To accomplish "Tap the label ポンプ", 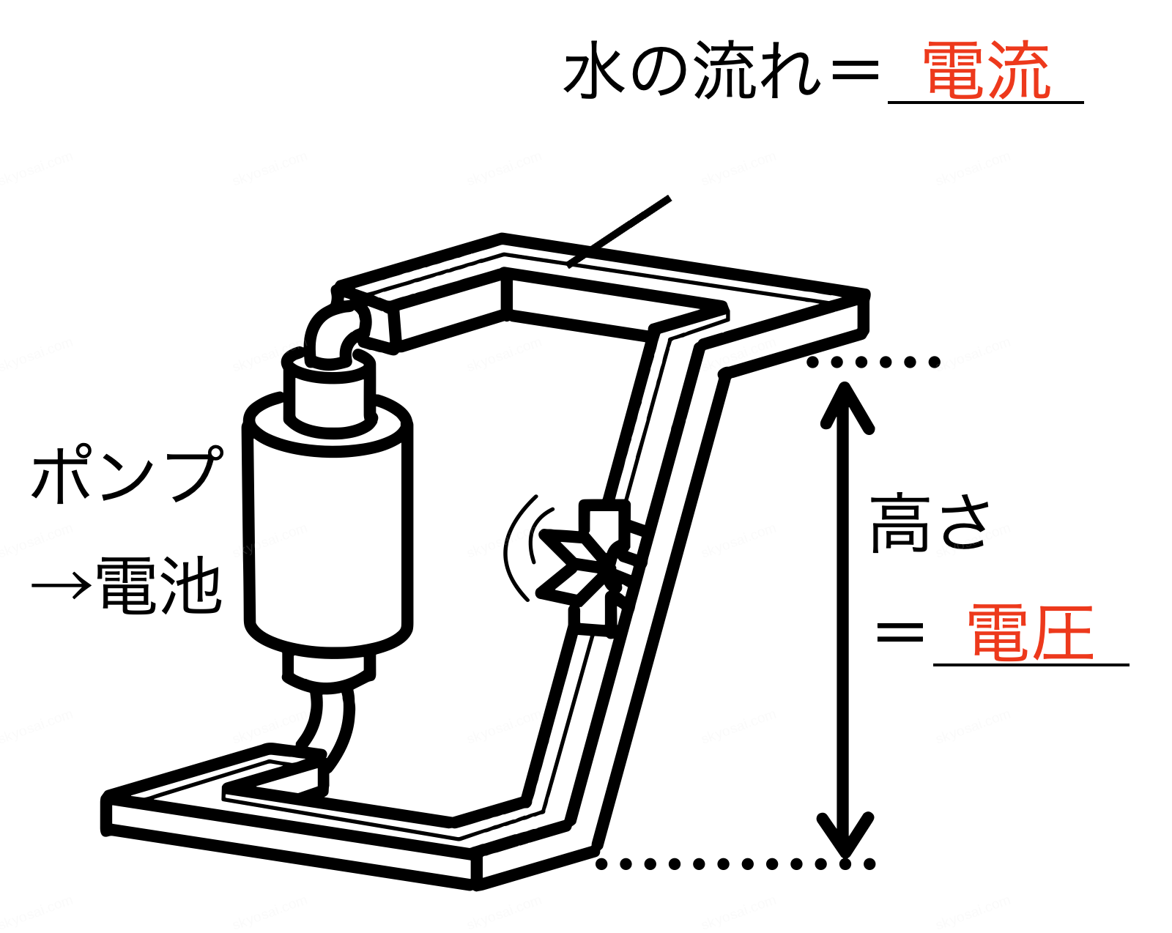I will click(126, 475).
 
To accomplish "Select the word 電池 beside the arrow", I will click(158, 586).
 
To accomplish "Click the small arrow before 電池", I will click(62, 586).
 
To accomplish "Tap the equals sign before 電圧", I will click(900, 632).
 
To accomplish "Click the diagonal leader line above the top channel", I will click(620, 231).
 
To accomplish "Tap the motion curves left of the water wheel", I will click(519, 549).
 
